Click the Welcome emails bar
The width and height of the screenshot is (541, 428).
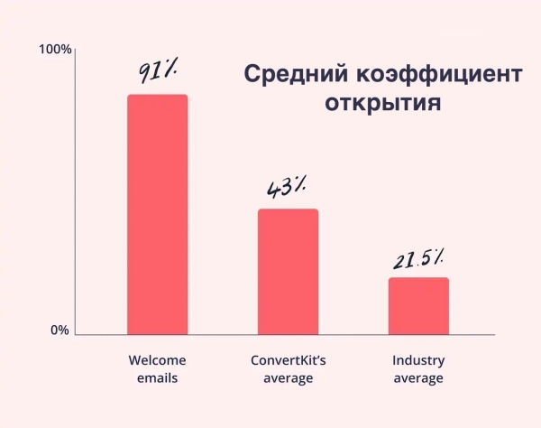157,214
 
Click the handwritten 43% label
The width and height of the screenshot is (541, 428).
286,187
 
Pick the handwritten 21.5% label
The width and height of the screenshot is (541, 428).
418,260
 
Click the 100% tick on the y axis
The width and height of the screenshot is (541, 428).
56,49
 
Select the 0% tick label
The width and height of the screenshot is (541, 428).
60,330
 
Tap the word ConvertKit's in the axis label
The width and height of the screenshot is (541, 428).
288,359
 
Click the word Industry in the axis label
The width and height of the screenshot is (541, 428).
418,359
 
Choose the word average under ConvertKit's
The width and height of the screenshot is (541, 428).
288,378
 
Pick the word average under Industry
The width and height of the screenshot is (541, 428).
418,378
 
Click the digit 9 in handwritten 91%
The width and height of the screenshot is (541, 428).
144,71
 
